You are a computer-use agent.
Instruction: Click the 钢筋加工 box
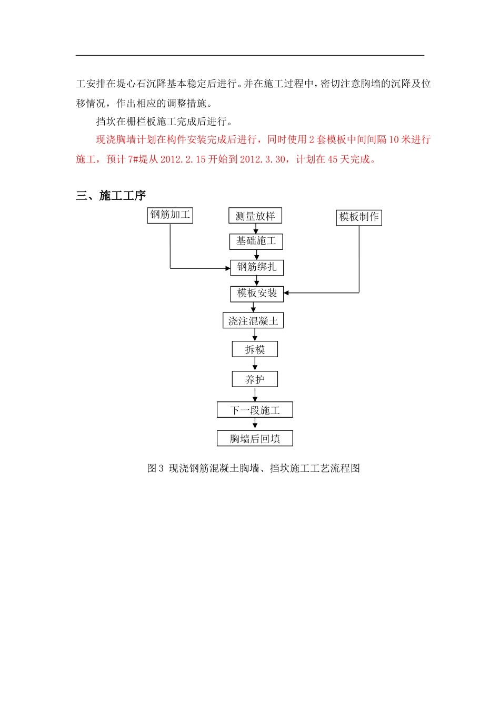pyautogui.click(x=170, y=215)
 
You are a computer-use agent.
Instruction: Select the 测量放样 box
pyautogui.click(x=255, y=216)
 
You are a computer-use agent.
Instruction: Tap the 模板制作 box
pyautogui.click(x=359, y=217)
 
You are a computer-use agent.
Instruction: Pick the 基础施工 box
pyautogui.click(x=256, y=241)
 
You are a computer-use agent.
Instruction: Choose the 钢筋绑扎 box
pyautogui.click(x=257, y=267)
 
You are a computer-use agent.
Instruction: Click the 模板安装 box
pyautogui.click(x=257, y=294)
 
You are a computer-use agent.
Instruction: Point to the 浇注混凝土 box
pyautogui.click(x=253, y=321)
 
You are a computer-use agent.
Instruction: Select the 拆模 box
pyautogui.click(x=255, y=349)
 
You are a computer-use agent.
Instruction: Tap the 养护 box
pyautogui.click(x=255, y=379)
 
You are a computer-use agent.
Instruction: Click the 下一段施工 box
pyautogui.click(x=255, y=410)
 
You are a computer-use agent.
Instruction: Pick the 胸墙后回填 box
pyautogui.click(x=255, y=438)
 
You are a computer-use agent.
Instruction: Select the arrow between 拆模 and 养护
pyautogui.click(x=255, y=364)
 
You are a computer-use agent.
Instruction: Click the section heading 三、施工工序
pyautogui.click(x=111, y=196)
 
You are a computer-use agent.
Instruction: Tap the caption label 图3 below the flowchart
pyautogui.click(x=155, y=468)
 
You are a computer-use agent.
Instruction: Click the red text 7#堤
pyautogui.click(x=138, y=159)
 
